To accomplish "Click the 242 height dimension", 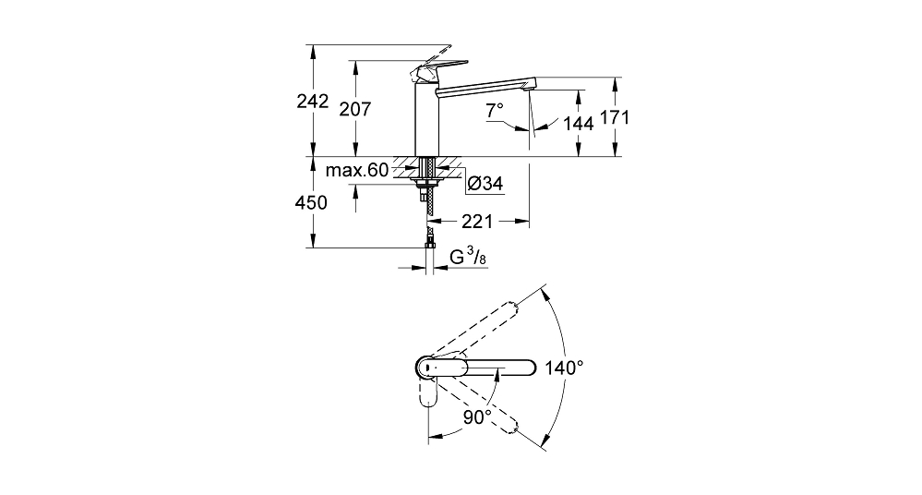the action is tap(312, 102).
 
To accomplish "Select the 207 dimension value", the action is tap(355, 109).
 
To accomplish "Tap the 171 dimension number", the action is tap(615, 117).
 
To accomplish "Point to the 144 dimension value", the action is tap(579, 124).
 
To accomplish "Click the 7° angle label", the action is tap(495, 110).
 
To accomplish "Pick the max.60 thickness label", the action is tap(357, 171).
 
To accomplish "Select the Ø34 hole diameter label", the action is tap(485, 184).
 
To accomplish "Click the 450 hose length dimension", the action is tap(311, 202).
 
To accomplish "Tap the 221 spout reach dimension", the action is tap(477, 222).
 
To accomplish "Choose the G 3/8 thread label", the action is tap(468, 257).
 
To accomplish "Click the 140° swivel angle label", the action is tap(564, 368).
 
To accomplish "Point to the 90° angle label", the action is tap(477, 417).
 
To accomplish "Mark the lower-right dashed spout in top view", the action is tap(482, 404).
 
